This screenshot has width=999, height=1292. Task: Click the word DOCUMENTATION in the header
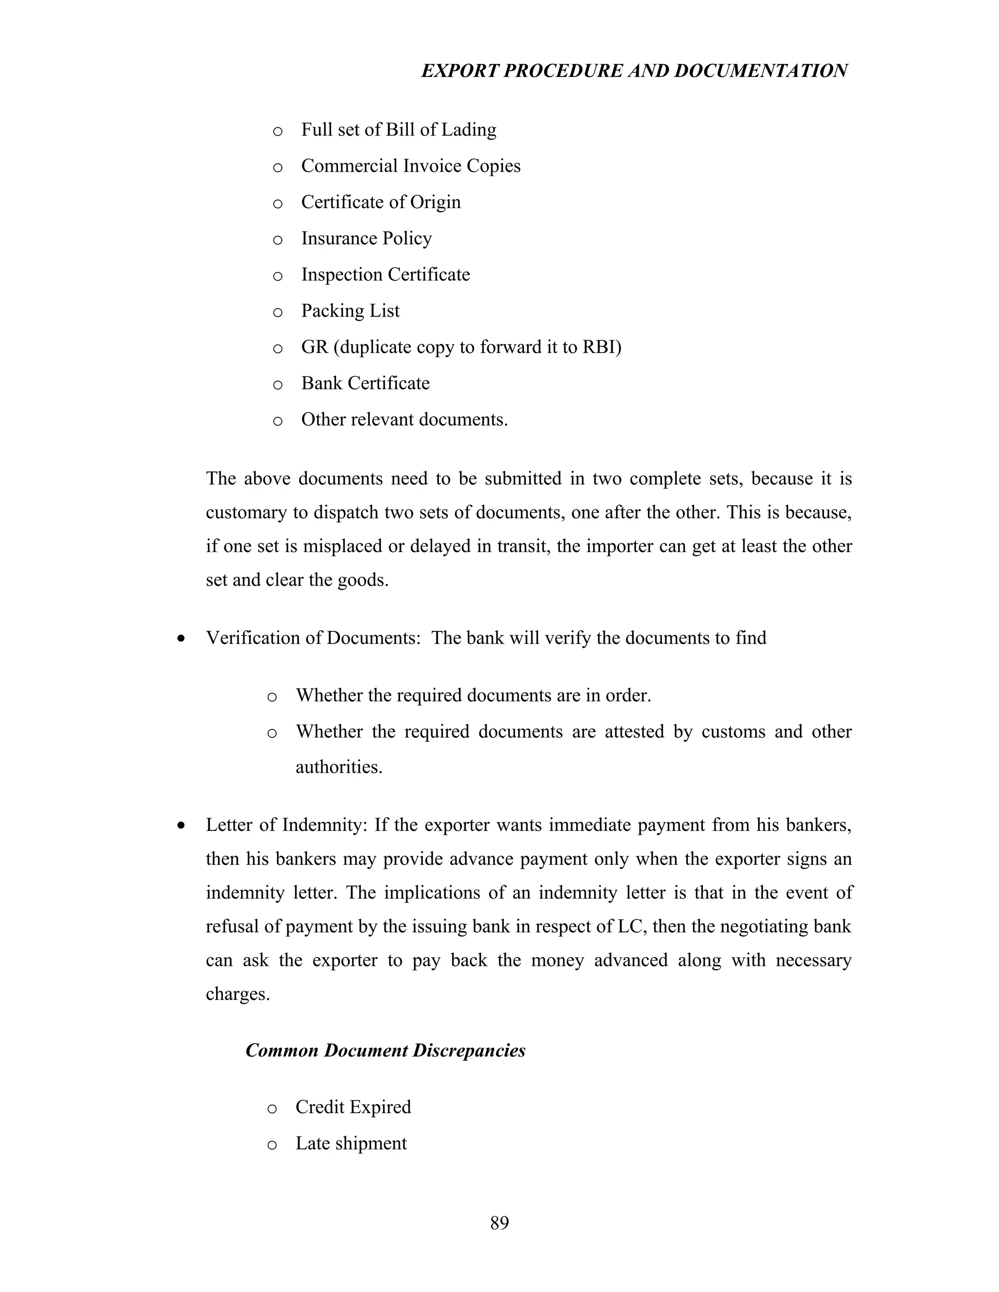click(760, 71)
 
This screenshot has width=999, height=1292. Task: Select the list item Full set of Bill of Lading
click(399, 130)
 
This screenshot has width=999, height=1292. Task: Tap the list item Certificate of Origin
click(380, 202)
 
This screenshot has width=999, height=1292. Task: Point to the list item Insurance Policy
click(366, 238)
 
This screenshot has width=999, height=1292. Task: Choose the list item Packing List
click(350, 311)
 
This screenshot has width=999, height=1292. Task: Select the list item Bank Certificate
click(365, 383)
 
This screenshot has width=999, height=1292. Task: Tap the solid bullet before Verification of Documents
click(181, 639)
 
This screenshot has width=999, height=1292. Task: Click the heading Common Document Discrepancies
click(385, 1050)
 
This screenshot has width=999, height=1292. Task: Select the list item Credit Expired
click(353, 1107)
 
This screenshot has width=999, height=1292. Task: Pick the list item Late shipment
click(351, 1143)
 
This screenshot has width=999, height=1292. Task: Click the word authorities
click(339, 767)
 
